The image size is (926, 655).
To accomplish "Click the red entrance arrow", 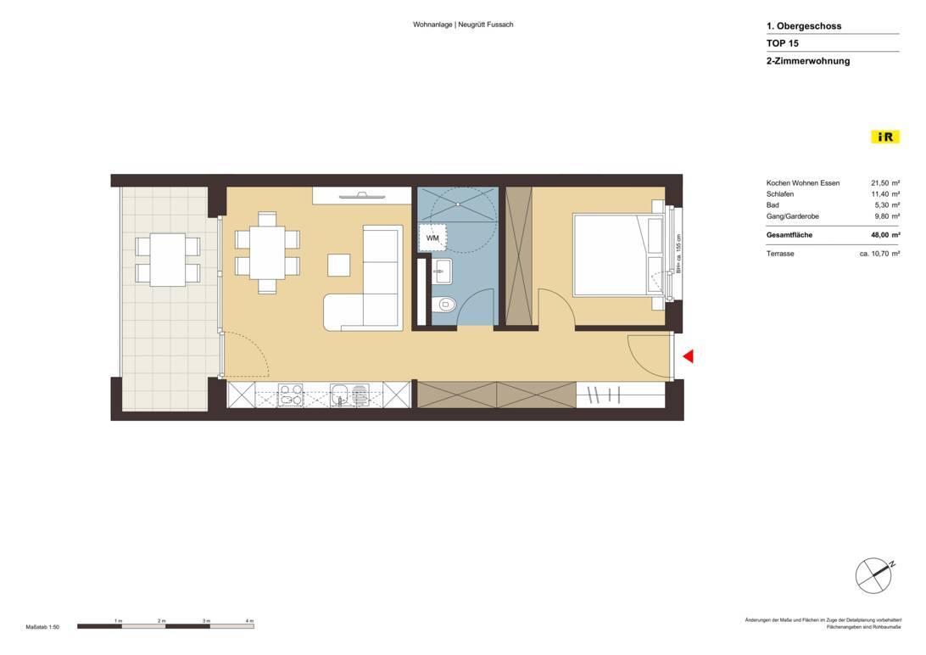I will pos(689,356).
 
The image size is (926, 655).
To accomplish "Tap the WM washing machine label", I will pos(432,238).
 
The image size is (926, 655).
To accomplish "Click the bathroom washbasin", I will pos(442,272).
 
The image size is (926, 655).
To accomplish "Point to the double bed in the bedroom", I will pos(617,255).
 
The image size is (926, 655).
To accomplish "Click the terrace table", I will pos(167,259).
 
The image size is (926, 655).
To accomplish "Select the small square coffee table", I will pos(339,265).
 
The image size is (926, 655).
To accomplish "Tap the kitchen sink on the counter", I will pos(339,395).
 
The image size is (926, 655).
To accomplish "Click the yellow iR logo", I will pos(885,137).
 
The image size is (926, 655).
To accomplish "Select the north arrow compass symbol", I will pos(873,576).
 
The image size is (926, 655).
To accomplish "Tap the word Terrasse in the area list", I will pos(780,254).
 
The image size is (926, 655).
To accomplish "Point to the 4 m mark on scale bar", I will pos(249,621).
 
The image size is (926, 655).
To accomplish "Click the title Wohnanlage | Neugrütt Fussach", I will pos(463,25).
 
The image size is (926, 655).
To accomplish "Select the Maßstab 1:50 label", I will pos(42,627).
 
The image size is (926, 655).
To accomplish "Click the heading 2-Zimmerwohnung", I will pos(807,61).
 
